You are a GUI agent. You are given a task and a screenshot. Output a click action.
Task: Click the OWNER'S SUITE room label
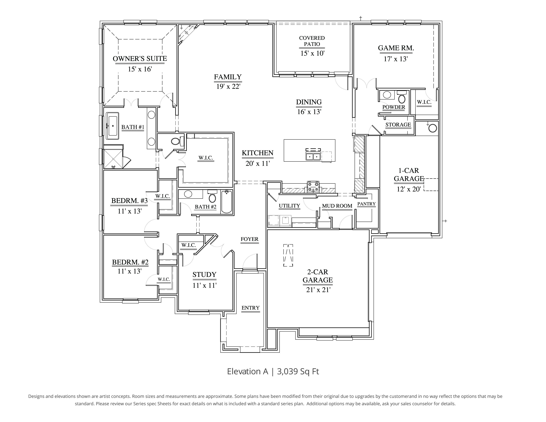click(140, 59)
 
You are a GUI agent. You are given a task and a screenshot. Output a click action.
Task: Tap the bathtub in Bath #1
click(113, 126)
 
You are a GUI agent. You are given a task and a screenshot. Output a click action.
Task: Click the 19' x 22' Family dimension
click(228, 86)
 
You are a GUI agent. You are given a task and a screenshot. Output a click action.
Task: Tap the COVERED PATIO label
click(312, 41)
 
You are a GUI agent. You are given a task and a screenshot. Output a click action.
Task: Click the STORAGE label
click(398, 124)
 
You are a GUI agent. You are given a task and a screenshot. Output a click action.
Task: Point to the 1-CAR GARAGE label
click(409, 175)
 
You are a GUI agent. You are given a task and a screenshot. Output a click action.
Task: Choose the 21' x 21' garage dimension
click(318, 290)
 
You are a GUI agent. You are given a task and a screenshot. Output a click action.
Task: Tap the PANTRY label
click(367, 204)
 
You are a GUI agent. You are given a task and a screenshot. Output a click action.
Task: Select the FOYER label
click(250, 239)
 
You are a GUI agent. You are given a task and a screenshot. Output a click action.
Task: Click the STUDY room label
click(204, 275)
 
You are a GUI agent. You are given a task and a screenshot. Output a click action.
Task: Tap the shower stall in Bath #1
click(113, 159)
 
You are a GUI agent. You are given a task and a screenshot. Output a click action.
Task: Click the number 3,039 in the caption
click(287, 371)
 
